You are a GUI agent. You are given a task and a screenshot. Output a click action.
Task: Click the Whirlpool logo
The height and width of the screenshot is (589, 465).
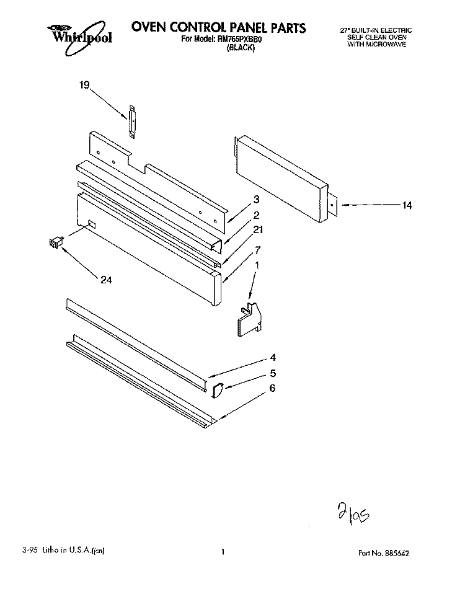[x=79, y=37]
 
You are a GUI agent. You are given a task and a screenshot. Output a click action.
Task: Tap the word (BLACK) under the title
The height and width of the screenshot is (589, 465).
[x=241, y=48]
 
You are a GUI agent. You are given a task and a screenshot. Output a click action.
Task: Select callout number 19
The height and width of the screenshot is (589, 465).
[x=84, y=86]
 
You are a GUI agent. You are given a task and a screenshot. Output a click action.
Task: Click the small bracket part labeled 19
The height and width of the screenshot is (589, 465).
[x=132, y=122]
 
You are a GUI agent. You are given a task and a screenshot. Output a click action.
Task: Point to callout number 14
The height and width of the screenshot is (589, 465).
[x=407, y=205]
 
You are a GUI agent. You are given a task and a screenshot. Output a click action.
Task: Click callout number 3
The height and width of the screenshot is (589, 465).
[x=257, y=199]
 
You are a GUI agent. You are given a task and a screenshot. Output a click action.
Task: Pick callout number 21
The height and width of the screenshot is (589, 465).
[x=258, y=229]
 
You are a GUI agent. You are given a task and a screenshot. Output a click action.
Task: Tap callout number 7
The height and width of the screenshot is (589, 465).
[x=258, y=250]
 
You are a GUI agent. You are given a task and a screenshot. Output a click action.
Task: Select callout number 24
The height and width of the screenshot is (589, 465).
[x=106, y=280]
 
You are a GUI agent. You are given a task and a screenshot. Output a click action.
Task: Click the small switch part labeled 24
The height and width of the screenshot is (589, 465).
[x=56, y=242]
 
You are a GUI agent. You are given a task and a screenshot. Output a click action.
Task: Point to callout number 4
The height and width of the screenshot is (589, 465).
[x=273, y=357]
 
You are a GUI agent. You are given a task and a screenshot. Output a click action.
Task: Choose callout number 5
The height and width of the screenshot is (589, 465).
[x=273, y=373]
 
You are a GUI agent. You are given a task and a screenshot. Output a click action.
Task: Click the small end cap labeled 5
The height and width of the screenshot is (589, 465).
[x=218, y=390]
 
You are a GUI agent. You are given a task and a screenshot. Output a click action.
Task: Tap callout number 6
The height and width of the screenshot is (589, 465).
[x=272, y=388]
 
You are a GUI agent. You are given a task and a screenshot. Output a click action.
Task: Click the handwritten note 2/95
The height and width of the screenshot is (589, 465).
[x=353, y=513]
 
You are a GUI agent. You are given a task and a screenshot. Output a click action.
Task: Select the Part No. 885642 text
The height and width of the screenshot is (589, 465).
[x=384, y=553]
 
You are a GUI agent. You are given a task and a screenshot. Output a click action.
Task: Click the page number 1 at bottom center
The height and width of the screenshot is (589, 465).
[x=223, y=552]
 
